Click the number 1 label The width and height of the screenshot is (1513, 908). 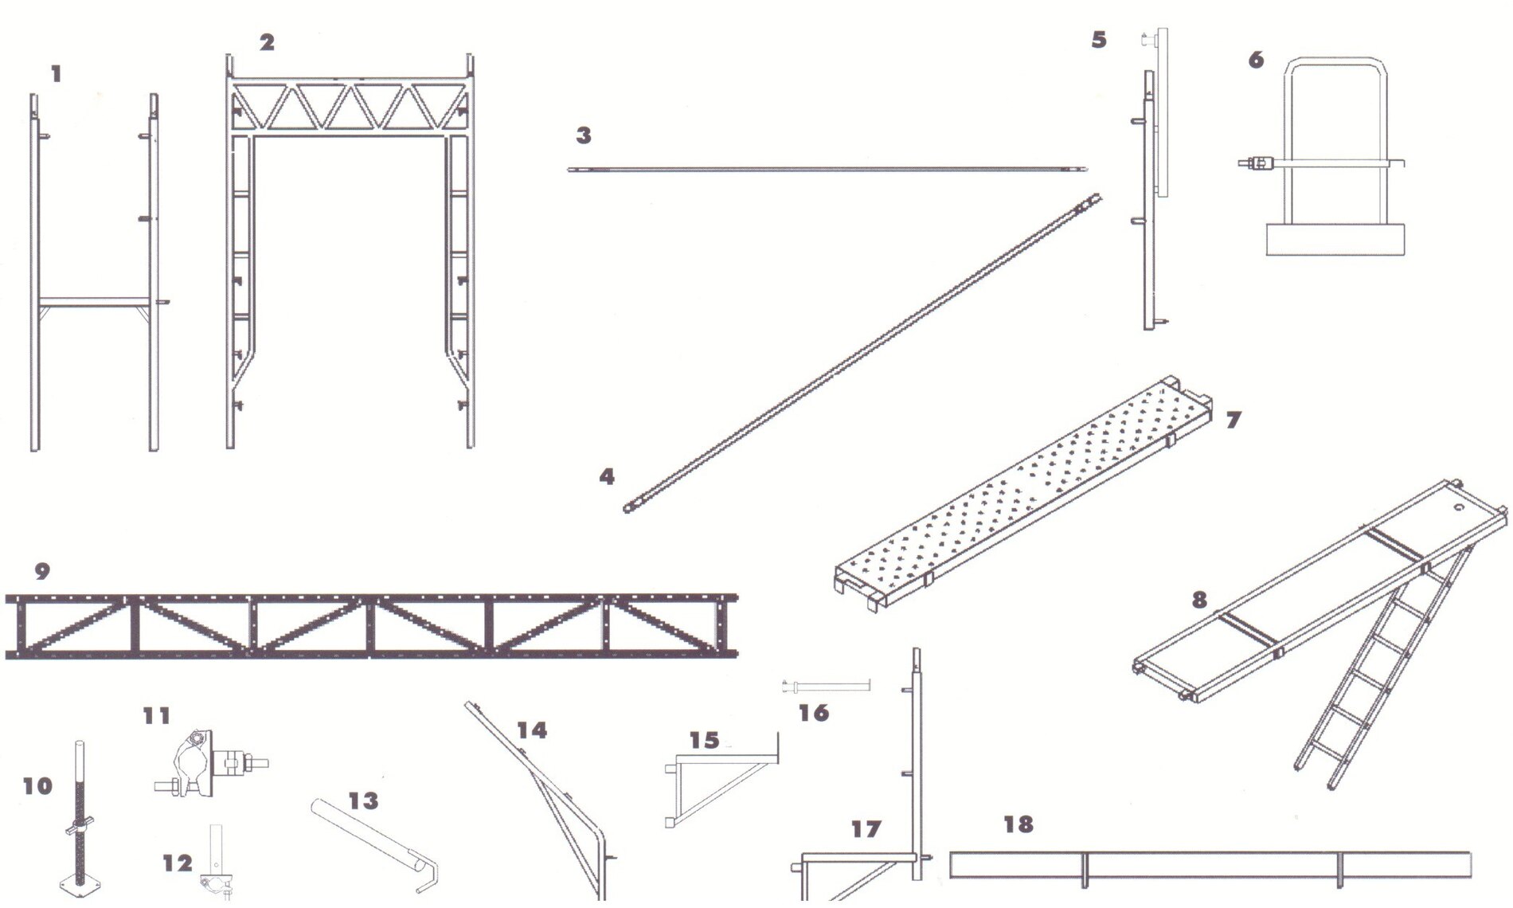click(x=56, y=75)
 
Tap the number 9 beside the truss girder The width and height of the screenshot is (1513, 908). click(x=43, y=571)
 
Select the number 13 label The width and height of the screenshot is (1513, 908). click(x=364, y=800)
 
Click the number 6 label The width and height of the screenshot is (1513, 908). click(x=1257, y=60)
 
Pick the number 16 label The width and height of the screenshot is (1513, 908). click(x=814, y=712)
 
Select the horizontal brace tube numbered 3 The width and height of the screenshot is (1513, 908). click(x=827, y=169)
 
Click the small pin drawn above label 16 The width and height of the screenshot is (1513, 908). click(x=827, y=684)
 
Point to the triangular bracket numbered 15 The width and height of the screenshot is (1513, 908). click(x=721, y=780)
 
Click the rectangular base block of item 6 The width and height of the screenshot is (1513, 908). click(x=1335, y=239)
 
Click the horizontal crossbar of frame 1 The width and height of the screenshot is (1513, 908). click(x=95, y=300)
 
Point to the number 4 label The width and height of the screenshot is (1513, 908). click(x=607, y=476)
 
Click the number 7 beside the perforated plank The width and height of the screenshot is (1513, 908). click(x=1233, y=420)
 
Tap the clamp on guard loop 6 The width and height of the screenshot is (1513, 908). click(x=1257, y=163)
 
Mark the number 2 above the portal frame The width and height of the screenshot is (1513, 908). click(x=267, y=42)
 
